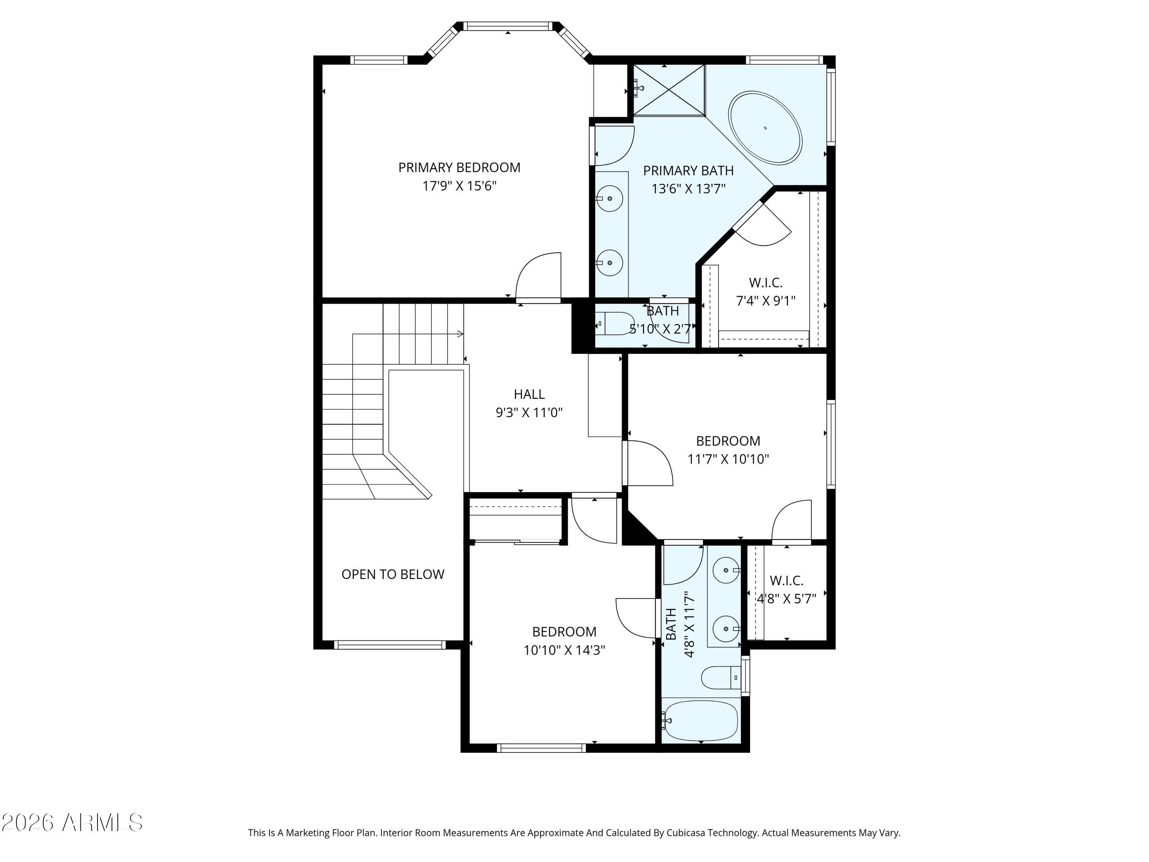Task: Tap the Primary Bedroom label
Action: click(x=459, y=168)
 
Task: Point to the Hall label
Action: click(x=529, y=394)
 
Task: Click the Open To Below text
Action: click(x=393, y=574)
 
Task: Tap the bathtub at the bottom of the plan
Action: click(x=700, y=721)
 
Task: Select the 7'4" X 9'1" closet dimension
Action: click(x=766, y=301)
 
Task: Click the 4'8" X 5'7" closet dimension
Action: click(x=786, y=598)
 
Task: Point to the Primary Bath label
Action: click(x=688, y=171)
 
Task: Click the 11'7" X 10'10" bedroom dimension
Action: click(x=728, y=459)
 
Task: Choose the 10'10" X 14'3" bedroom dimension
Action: click(x=564, y=650)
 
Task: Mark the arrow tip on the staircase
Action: click(x=463, y=334)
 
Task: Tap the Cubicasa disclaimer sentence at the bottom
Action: click(x=574, y=833)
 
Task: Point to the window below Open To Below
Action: click(x=390, y=645)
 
